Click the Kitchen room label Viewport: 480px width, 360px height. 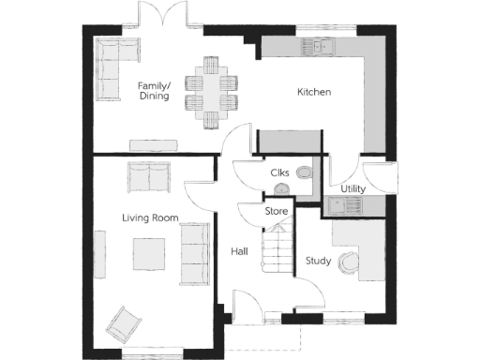pos(315,92)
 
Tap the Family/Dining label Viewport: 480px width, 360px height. pos(154,90)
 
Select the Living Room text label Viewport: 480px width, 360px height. pos(150,217)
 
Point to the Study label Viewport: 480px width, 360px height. pos(318,262)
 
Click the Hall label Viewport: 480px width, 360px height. pos(239,251)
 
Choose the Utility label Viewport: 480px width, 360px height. pos(352,189)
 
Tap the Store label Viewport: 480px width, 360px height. pos(276,212)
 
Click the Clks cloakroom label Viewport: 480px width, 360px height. pos(279,173)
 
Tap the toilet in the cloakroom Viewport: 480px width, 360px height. pos(303,172)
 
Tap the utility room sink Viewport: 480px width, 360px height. pos(336,205)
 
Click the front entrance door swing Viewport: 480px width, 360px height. pos(247,306)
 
